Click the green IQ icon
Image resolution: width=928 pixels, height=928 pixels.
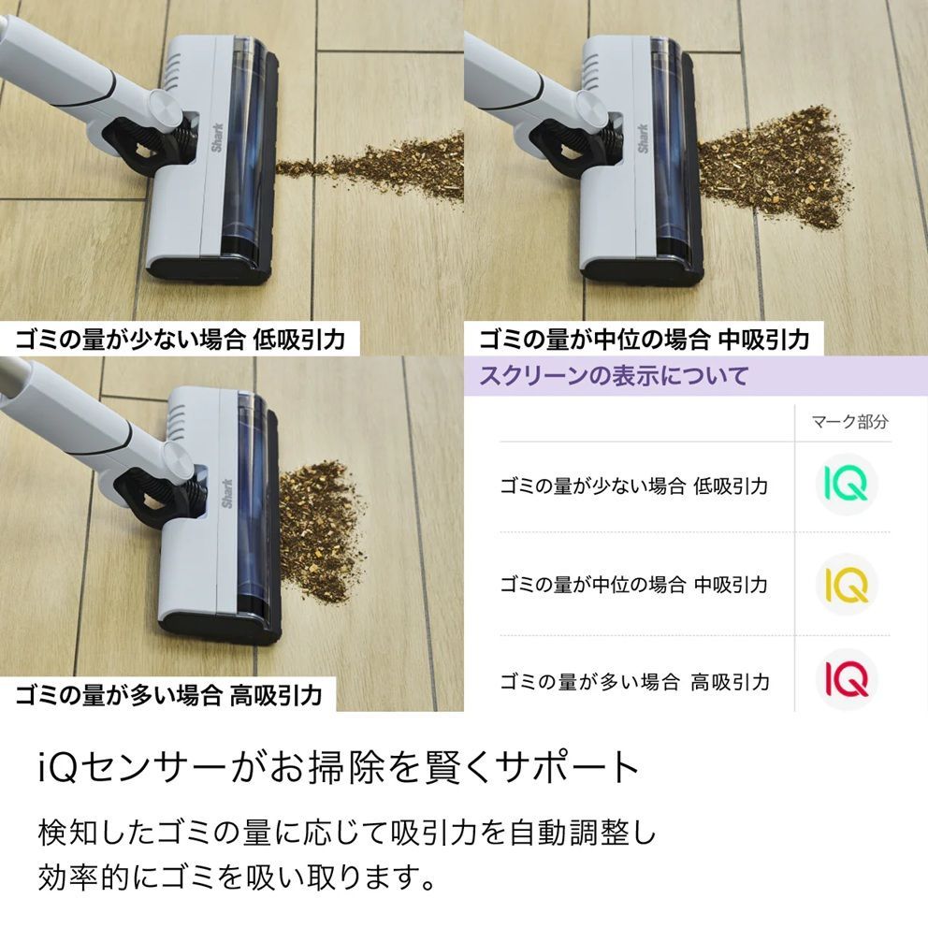847,484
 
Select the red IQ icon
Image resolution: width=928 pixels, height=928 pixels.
847,679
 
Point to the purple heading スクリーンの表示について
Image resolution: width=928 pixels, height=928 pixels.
614,376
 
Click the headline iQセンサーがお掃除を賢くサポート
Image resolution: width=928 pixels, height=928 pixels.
339,768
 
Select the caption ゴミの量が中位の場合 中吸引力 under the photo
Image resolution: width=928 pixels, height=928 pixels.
645,338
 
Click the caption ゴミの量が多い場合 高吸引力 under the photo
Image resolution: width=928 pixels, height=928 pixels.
168,695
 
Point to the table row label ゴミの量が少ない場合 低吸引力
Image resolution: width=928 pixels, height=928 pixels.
633,486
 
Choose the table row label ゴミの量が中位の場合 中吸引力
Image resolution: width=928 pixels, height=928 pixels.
633,585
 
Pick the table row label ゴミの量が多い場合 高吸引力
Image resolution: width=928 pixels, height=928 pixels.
634,682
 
